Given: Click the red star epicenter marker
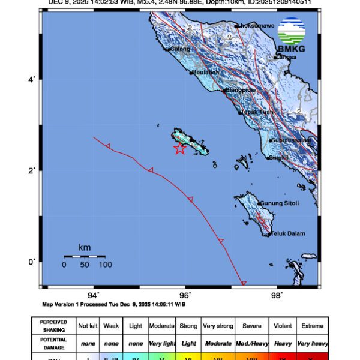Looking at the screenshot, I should (x=179, y=149).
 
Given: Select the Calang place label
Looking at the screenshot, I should (x=179, y=49).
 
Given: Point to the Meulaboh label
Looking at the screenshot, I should (x=206, y=73).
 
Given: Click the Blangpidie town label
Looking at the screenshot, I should (x=241, y=91).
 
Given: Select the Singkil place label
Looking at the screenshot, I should (x=279, y=158).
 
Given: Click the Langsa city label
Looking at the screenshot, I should (x=286, y=57).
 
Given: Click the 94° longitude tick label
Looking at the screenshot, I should (x=93, y=295).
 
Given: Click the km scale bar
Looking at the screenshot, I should (x=85, y=257).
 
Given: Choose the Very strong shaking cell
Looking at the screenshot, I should (x=218, y=326).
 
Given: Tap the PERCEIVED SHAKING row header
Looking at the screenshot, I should (x=53, y=326).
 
